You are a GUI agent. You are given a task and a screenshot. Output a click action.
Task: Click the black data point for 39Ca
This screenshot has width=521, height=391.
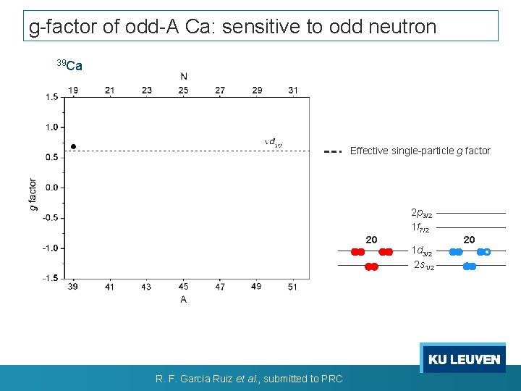pyautogui.click(x=73, y=147)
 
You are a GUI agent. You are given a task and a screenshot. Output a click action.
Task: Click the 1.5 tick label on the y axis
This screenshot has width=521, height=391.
pyautogui.click(x=51, y=97)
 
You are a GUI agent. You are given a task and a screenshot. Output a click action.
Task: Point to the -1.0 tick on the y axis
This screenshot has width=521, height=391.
pyautogui.click(x=51, y=248)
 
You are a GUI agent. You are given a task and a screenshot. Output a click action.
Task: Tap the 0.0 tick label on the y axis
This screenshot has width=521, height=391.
pyautogui.click(x=51, y=188)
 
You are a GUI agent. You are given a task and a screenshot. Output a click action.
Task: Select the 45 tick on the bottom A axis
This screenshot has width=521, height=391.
pyautogui.click(x=183, y=287)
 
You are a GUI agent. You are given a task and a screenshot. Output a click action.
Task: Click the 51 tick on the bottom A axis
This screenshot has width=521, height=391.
pyautogui.click(x=292, y=287)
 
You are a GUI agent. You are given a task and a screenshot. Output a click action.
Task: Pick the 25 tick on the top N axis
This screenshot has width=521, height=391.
pyautogui.click(x=183, y=91)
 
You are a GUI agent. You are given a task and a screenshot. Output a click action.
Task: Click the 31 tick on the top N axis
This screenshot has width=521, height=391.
pyautogui.click(x=292, y=91)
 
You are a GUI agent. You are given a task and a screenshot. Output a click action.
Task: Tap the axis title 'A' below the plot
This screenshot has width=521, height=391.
pyautogui.click(x=183, y=299)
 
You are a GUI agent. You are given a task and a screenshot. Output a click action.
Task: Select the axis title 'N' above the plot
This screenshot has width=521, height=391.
pyautogui.click(x=184, y=77)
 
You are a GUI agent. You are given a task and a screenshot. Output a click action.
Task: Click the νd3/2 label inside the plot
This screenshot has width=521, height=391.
pyautogui.click(x=274, y=143)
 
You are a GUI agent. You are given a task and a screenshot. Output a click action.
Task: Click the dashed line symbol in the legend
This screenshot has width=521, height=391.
pyautogui.click(x=333, y=152)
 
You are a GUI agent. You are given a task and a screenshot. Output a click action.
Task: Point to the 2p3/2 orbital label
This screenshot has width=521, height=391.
pyautogui.click(x=421, y=214)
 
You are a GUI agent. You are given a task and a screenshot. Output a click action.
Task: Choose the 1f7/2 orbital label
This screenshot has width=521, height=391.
pyautogui.click(x=420, y=227)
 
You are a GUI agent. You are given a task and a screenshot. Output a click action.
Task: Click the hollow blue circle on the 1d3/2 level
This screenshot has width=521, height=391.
pyautogui.click(x=487, y=252)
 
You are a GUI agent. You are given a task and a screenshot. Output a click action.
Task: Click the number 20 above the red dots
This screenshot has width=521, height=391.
pyautogui.click(x=370, y=240)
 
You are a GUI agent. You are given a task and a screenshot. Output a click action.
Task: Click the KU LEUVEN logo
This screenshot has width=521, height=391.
pyautogui.click(x=463, y=359)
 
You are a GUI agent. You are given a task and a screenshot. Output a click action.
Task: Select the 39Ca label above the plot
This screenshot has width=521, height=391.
pyautogui.click(x=69, y=66)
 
